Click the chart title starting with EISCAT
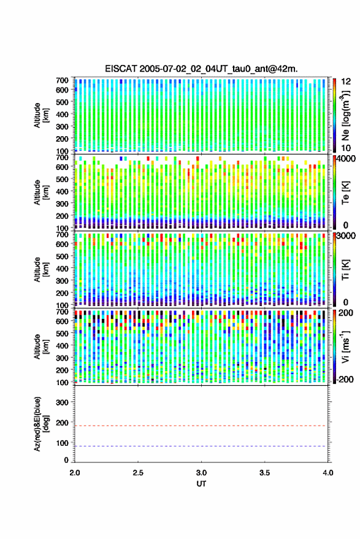[x=202, y=69]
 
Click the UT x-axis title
[x=202, y=484]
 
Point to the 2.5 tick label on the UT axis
[x=138, y=473]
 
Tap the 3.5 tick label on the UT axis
[x=264, y=473]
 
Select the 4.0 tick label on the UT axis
[x=327, y=473]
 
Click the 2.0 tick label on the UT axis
[x=75, y=473]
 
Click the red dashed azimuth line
[x=201, y=426]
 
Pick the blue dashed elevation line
[x=201, y=446]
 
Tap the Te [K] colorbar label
[x=345, y=193]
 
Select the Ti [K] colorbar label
[x=345, y=270]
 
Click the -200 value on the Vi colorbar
[x=345, y=379]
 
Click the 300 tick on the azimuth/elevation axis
[x=62, y=402]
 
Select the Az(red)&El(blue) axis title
[x=41, y=424]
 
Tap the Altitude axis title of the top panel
[x=41, y=115]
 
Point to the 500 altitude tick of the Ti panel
[x=62, y=256]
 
